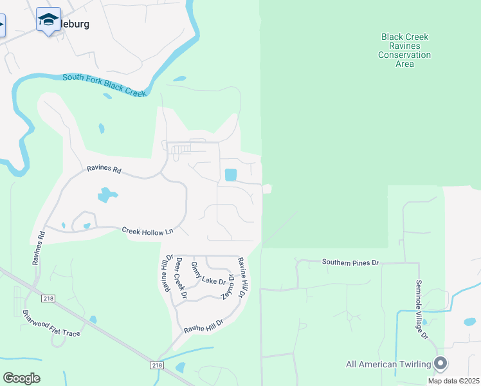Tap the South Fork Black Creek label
point(105,85)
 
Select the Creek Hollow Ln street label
point(148,231)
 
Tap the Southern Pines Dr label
point(351,262)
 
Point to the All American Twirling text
point(388,364)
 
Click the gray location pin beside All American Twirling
point(440,363)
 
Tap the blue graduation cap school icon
point(48,21)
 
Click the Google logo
point(21,378)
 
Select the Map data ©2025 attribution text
point(453,381)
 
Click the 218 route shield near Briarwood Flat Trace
point(47,298)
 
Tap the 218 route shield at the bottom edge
point(158,365)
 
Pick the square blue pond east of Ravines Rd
point(230,174)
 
